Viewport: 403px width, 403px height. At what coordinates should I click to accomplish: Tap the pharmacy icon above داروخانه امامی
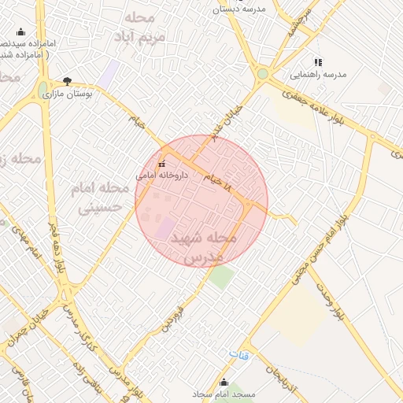[161, 165]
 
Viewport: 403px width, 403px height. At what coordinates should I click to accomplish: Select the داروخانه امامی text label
[161, 176]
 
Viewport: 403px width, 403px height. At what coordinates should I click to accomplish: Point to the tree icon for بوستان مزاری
[67, 81]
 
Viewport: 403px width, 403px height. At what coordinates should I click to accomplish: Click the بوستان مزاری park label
[67, 93]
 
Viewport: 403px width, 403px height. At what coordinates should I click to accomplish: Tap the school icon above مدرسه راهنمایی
[318, 62]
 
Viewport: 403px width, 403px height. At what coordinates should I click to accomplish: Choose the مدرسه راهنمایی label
[318, 75]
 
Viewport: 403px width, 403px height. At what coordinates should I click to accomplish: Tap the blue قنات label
[239, 355]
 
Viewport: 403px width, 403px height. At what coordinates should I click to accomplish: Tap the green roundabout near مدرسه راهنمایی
[262, 74]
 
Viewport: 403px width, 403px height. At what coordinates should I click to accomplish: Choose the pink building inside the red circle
[165, 229]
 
